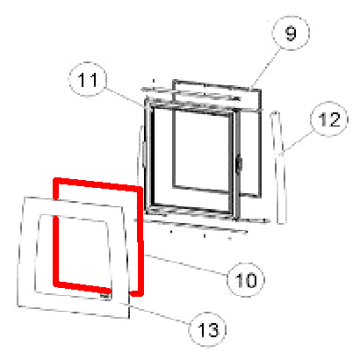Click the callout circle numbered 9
click(291, 33)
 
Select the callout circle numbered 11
click(88, 79)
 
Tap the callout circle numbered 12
click(329, 119)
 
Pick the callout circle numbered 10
click(246, 279)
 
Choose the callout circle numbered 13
click(208, 329)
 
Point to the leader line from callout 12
click(297, 143)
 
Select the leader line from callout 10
click(186, 265)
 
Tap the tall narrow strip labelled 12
click(278, 168)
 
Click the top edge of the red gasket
click(98, 184)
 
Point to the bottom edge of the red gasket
click(83, 287)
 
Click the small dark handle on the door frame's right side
click(240, 164)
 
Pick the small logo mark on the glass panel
click(104, 296)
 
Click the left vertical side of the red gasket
click(56, 232)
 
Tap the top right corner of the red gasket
click(140, 189)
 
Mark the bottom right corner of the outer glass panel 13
click(129, 318)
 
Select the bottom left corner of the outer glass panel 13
click(18, 306)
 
